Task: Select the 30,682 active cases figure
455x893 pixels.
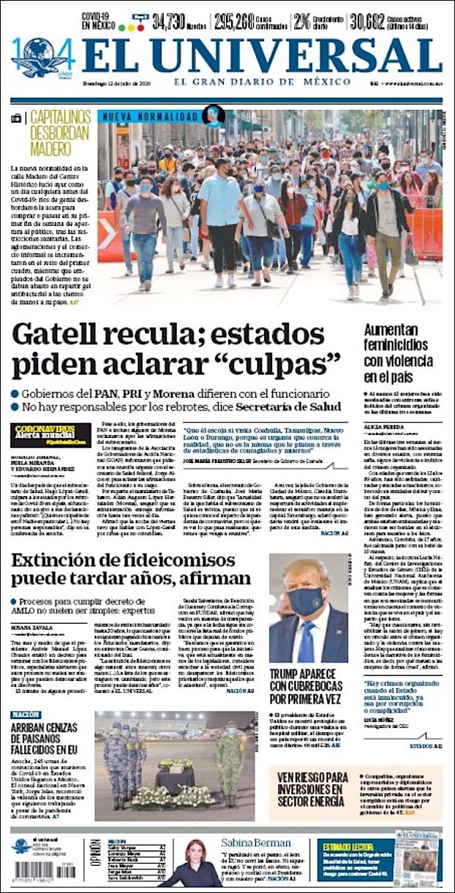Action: [376, 21]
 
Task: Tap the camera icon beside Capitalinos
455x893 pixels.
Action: [17, 118]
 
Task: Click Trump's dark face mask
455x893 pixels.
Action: [306, 600]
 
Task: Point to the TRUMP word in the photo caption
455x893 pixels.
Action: [290, 674]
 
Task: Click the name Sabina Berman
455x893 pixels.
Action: [257, 843]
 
